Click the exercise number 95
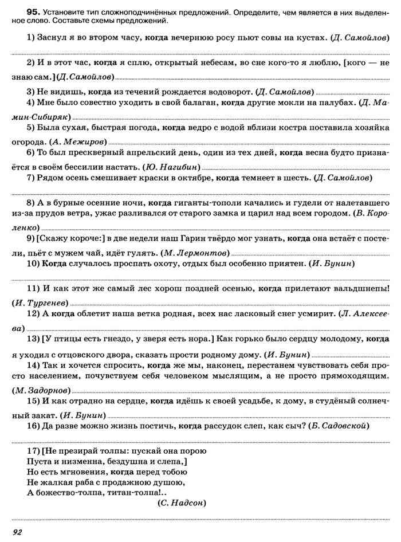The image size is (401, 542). click(x=23, y=10)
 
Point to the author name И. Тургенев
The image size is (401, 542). click(x=40, y=302)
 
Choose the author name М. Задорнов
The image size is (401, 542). click(x=39, y=390)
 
